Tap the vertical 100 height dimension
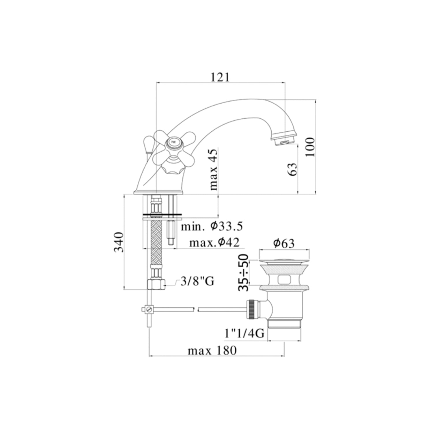coord(310,147)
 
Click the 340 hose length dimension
coord(118,242)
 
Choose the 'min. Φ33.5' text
coord(212,226)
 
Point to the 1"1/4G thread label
coord(244,334)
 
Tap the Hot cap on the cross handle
coord(173,142)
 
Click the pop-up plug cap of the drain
coord(284,262)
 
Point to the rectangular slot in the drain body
coord(284,279)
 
